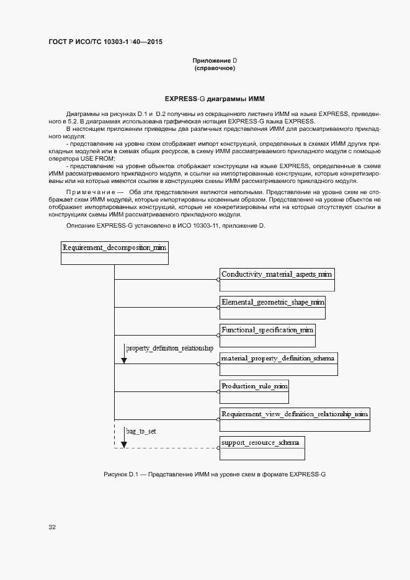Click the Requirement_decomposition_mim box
115,253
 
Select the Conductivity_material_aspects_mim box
277,280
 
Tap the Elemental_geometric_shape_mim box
272,308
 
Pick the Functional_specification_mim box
267,335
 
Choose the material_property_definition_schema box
279,364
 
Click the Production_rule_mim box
254,391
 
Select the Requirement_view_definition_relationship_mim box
295,419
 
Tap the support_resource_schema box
262,448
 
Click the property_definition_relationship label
169,349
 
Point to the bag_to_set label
141,431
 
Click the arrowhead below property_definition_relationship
124,360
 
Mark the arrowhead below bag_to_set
124,444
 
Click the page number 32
52,527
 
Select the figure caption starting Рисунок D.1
215,475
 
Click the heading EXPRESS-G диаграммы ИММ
215,99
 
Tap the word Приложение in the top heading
211,60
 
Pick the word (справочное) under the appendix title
215,68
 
